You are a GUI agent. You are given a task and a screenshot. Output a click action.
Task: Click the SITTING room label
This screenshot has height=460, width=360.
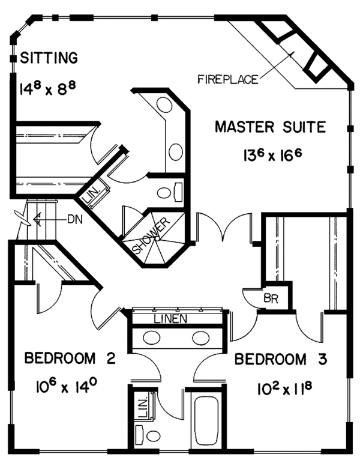(49, 58)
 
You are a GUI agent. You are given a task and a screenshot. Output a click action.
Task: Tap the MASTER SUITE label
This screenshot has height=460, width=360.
(270, 127)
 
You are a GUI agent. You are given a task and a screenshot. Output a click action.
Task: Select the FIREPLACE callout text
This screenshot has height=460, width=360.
(228, 79)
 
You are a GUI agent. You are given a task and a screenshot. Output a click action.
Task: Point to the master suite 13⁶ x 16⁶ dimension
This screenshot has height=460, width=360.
(272, 154)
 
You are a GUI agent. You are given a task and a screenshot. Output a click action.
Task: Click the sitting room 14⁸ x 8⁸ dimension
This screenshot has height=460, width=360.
(48, 88)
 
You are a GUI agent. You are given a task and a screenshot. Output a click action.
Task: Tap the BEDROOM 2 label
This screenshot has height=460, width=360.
(70, 358)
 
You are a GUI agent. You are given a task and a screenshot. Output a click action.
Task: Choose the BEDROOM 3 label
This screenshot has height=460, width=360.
(281, 359)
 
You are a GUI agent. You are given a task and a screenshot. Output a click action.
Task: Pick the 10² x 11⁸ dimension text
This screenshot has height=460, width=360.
(284, 389)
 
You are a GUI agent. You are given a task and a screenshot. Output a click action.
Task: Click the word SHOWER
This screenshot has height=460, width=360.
(151, 235)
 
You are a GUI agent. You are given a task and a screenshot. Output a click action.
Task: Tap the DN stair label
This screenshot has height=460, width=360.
(75, 219)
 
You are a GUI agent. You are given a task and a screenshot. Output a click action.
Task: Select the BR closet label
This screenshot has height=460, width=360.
(271, 298)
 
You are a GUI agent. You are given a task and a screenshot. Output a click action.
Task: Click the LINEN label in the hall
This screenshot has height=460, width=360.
(170, 319)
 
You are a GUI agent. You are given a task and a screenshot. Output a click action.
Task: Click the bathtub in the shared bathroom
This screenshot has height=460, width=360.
(206, 421)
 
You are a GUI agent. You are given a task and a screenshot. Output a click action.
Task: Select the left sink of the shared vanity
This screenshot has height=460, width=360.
(152, 338)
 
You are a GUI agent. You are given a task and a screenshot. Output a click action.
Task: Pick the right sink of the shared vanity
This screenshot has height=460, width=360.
(201, 338)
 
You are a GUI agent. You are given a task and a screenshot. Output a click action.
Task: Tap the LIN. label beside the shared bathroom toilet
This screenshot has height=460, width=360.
(143, 408)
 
